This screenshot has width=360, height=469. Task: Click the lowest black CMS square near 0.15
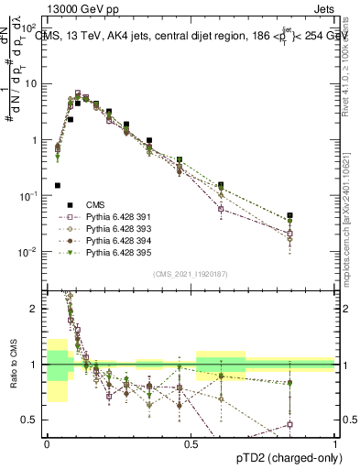[58, 185]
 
